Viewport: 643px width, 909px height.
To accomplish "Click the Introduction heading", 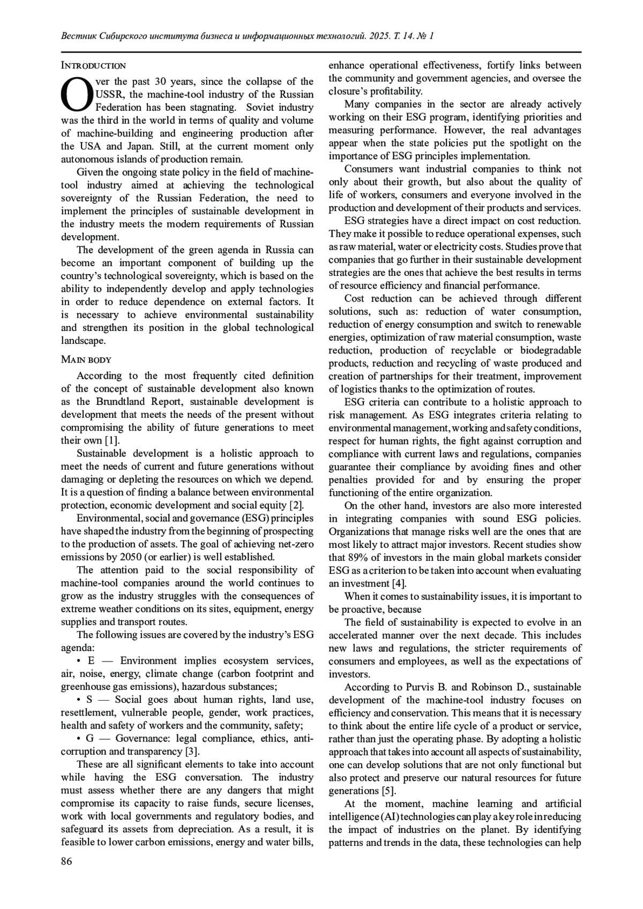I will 93,66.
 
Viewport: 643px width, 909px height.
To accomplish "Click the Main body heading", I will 86,359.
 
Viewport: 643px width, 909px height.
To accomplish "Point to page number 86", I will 66,861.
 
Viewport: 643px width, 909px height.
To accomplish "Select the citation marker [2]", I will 296,505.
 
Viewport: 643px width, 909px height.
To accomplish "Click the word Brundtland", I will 122,402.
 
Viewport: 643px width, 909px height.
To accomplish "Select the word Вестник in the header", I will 80,36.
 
